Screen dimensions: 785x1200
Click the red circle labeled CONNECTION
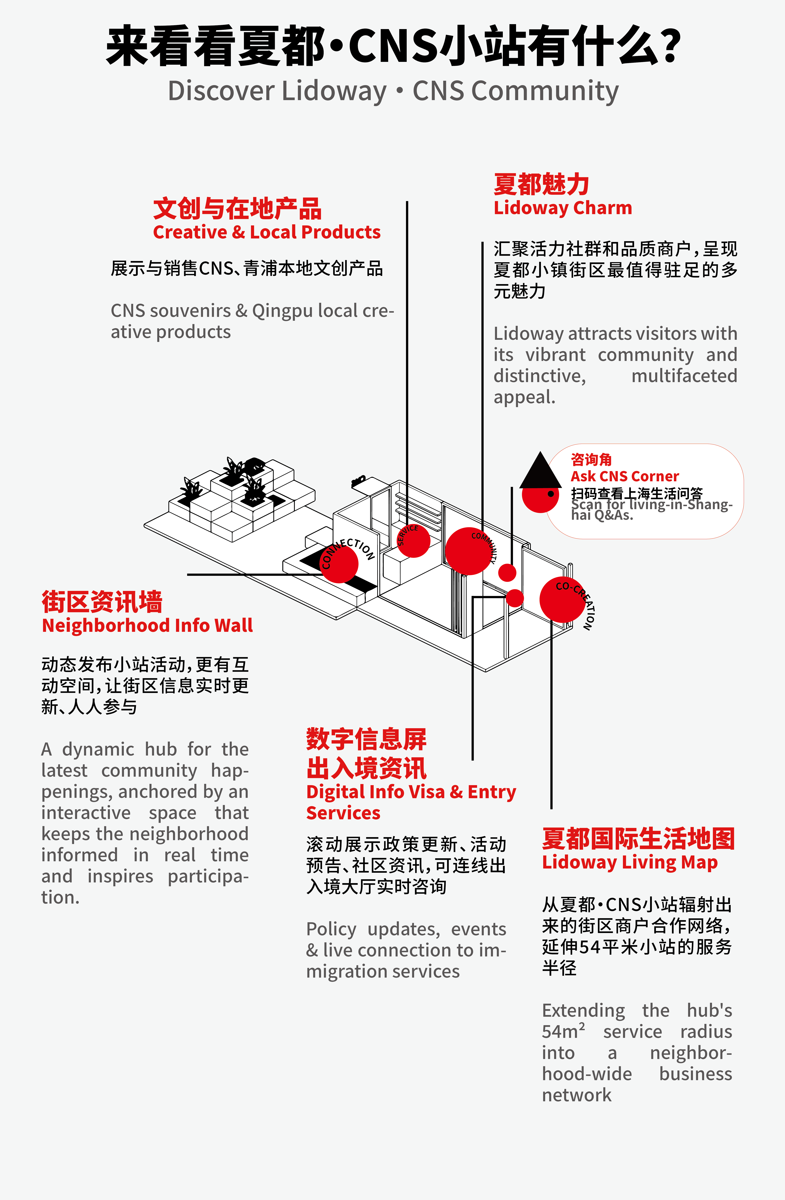pos(339,564)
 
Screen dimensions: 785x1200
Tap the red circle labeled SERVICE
pos(414,541)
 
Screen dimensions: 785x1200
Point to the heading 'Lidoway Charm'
pos(563,208)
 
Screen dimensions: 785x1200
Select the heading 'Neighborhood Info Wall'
pos(147,625)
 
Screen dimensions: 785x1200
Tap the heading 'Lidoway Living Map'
pos(630,862)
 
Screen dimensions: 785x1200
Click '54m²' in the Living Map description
pos(563,1032)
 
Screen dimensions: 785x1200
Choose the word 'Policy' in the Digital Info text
pos(331,929)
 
